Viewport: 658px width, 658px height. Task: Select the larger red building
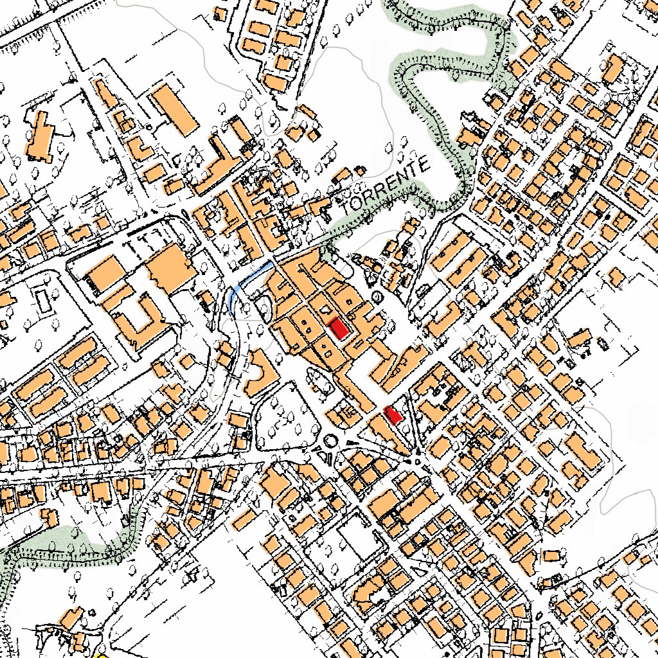click(338, 328)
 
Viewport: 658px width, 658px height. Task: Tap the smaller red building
click(393, 415)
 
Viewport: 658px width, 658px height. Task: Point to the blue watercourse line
click(247, 278)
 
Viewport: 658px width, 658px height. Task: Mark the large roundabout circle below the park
click(331, 441)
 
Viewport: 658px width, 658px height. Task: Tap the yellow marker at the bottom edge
click(100, 655)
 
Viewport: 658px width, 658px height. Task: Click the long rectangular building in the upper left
click(173, 110)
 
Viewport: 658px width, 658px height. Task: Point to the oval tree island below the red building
click(321, 382)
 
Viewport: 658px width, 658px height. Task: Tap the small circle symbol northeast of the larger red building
click(376, 296)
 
